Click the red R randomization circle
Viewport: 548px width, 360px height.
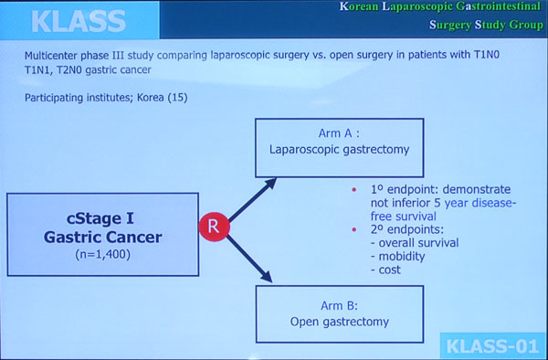pos(215,227)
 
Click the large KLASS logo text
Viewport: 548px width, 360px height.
pos(79,21)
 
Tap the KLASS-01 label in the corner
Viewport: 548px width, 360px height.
pos(492,346)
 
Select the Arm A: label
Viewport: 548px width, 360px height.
pos(339,133)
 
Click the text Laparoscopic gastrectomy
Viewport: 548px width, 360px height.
pos(339,150)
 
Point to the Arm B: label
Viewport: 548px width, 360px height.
pos(339,305)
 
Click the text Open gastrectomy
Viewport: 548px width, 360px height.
pos(340,322)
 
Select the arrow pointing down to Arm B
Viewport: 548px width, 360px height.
pos(249,259)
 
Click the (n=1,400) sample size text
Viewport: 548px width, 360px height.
pos(102,254)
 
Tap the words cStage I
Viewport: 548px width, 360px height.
pos(100,218)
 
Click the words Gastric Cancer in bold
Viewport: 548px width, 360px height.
pos(102,238)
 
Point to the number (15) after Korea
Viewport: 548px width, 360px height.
pos(177,97)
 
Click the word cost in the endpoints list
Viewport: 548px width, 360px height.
pos(389,270)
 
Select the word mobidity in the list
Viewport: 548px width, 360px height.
pos(402,257)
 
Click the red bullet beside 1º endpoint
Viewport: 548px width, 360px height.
pos(354,190)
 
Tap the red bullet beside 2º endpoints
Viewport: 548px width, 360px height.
pos(354,229)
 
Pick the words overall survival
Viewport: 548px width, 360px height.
pos(418,243)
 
